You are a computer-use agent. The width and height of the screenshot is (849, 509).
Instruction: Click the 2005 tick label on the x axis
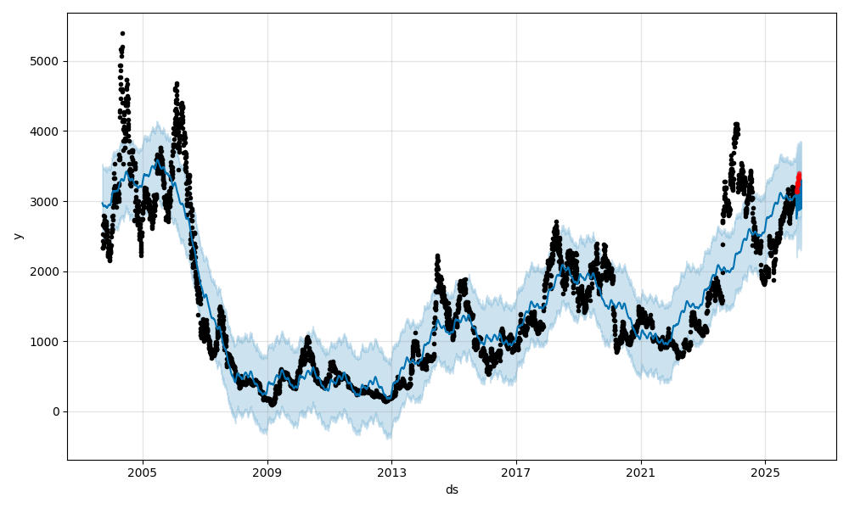[x=143, y=473]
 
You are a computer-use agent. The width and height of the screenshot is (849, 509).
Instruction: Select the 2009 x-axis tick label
[x=267, y=473]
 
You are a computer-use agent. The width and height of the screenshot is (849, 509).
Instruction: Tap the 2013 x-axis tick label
[x=391, y=473]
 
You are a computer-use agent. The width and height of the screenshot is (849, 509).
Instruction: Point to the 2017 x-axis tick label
[x=516, y=473]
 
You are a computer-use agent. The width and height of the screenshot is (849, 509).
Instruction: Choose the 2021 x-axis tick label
[x=640, y=473]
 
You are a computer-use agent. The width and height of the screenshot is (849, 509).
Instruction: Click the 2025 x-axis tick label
[x=765, y=473]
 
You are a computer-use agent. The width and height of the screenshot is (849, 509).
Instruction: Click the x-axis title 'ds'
[x=452, y=489]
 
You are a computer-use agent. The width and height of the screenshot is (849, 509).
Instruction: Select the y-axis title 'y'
[x=16, y=236]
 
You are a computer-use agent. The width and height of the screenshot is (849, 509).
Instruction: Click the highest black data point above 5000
[x=122, y=33]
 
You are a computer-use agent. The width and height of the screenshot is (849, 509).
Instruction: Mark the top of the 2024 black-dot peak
[x=736, y=125]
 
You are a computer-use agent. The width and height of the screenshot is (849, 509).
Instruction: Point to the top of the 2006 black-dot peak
[x=177, y=83]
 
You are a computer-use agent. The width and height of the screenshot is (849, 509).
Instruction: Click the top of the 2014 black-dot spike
[x=437, y=255]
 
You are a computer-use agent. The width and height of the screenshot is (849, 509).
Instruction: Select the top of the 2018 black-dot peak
[x=556, y=222]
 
